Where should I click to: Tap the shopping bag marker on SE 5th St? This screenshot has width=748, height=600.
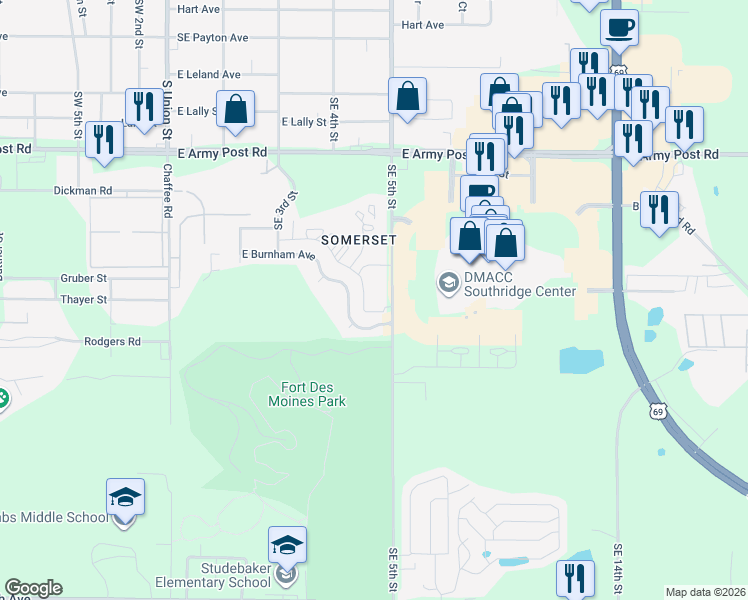(408, 97)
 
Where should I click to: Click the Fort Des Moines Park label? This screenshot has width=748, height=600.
(307, 394)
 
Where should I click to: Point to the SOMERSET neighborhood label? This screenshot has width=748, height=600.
(359, 240)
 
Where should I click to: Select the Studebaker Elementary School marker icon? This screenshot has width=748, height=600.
(287, 546)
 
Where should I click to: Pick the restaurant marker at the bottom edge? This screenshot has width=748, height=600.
(575, 578)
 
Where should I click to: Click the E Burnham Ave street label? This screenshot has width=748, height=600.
(278, 255)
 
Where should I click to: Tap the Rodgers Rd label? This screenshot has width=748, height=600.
(113, 342)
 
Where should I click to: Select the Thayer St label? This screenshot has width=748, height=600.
(83, 300)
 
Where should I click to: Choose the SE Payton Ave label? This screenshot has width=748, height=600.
(212, 37)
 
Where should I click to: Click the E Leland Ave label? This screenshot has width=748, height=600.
(209, 74)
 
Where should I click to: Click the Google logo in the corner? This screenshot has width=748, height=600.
(34, 588)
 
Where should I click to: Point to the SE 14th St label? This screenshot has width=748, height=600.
(618, 571)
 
